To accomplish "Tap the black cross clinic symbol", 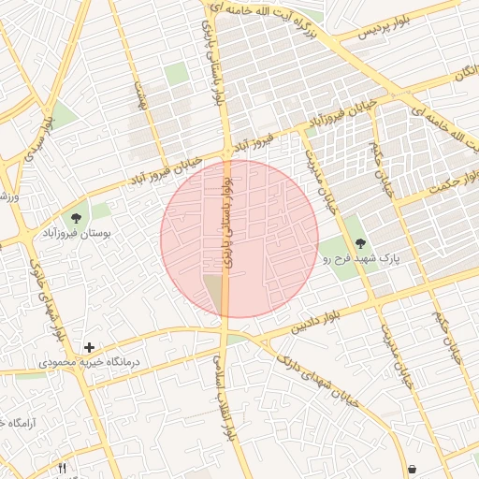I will click(90, 347).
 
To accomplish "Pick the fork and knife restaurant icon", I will click(63, 468).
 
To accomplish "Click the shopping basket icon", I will click(412, 468).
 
